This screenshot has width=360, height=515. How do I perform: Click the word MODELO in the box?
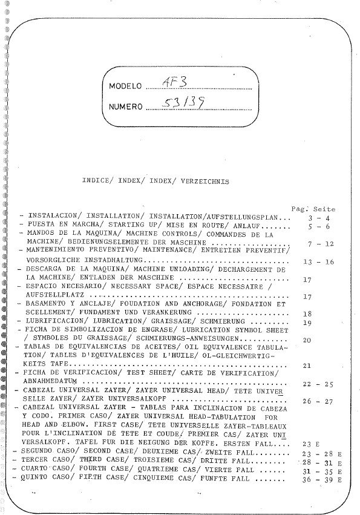(x=125, y=85)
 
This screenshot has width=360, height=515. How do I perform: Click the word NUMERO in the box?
(x=125, y=107)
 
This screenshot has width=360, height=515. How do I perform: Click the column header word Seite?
(x=324, y=209)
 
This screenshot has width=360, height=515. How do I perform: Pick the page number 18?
(x=307, y=314)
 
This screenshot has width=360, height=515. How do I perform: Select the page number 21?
(x=307, y=366)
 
